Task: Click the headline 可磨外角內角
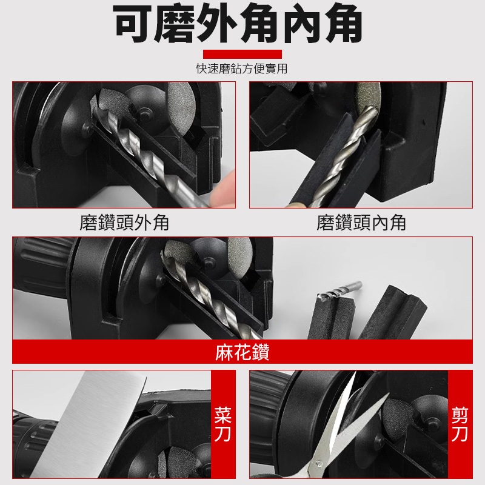tap(238, 24)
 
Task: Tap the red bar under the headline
tap(242, 54)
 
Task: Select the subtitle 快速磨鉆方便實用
tap(242, 69)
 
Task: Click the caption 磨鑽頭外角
tap(124, 222)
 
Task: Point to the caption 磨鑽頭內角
tap(361, 222)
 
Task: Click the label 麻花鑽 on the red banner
tap(242, 352)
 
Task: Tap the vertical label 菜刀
tap(222, 424)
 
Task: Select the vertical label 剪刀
tap(460, 424)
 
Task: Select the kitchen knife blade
tap(90, 424)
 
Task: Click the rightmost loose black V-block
tap(393, 312)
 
